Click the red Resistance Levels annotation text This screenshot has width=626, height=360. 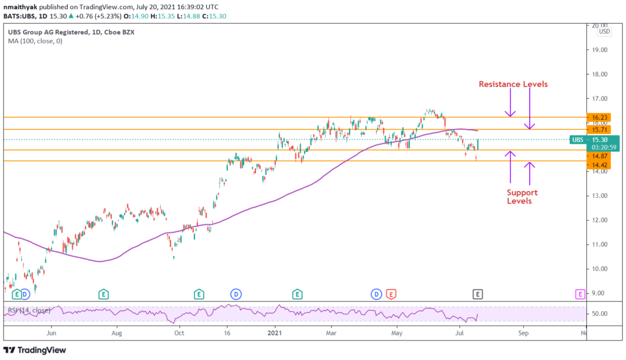(512, 84)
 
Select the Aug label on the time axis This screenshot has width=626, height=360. (117, 334)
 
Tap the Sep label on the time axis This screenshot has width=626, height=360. (523, 334)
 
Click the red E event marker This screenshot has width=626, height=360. (391, 295)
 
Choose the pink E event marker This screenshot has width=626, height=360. (580, 295)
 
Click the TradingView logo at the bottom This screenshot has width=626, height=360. (35, 350)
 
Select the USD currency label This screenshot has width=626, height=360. (604, 31)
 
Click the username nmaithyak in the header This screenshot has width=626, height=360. (21, 6)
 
